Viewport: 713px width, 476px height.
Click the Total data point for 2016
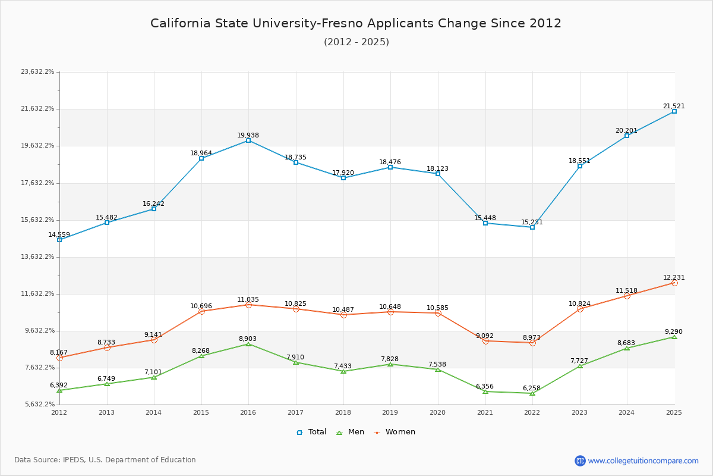248,140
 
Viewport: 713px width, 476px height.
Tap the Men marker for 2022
532,393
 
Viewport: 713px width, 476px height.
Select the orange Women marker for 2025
674,283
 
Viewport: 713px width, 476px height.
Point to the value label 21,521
674,107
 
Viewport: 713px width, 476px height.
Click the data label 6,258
532,388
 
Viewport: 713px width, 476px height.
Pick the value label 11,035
248,300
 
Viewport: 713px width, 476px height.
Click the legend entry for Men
350,432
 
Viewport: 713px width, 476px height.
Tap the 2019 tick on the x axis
390,412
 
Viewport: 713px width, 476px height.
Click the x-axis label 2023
579,412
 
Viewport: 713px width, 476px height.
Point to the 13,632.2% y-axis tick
37,257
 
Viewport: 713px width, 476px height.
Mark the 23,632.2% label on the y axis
37,72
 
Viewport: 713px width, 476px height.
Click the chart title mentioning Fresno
356,23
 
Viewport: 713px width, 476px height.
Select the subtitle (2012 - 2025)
356,42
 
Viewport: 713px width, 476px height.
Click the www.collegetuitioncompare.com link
643,461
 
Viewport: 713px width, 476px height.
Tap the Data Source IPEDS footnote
105,460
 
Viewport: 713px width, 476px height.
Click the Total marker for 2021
485,223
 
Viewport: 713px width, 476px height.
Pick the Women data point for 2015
201,311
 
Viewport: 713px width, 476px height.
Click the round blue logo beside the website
580,461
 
